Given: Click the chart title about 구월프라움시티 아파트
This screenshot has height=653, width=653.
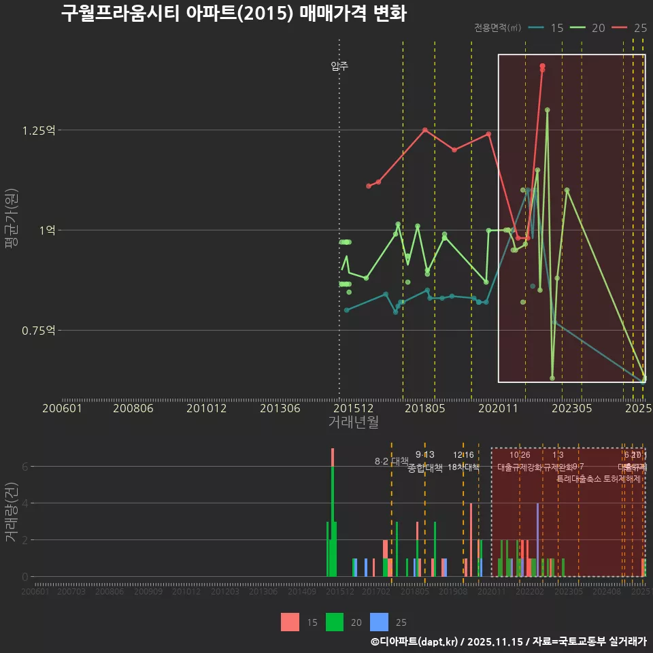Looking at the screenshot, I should [233, 14].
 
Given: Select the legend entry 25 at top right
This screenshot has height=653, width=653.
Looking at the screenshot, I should [629, 28].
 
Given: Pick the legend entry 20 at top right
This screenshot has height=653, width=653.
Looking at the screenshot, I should [588, 28].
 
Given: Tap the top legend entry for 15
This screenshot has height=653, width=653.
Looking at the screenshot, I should [546, 28].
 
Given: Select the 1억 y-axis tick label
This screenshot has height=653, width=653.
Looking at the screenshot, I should [47, 231].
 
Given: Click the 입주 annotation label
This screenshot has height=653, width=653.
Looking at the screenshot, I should [339, 66].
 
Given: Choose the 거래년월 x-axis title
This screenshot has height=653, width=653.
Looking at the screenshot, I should [353, 422].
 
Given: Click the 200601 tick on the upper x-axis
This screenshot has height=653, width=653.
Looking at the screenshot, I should [62, 408].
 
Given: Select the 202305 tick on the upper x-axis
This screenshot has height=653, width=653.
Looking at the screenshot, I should [571, 408].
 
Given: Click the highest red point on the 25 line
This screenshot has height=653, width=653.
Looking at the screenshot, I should [542, 66].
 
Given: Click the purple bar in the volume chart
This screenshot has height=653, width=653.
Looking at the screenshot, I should [537, 539].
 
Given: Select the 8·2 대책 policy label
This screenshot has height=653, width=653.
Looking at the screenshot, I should [391, 461].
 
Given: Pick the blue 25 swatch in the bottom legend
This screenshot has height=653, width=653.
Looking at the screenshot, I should [379, 622].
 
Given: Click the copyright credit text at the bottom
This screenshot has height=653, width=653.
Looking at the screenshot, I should [507, 641].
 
